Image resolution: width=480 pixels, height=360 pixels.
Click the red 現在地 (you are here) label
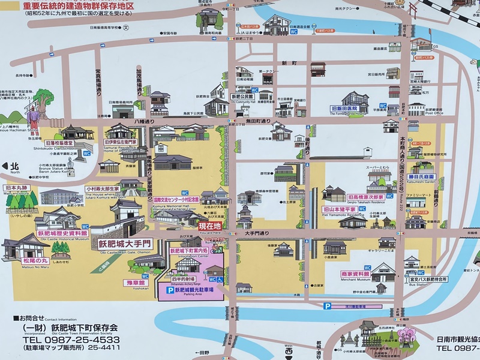coord(210,226)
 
